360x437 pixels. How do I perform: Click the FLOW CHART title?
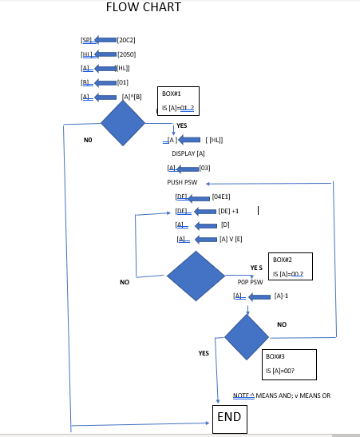pyautogui.click(x=143, y=8)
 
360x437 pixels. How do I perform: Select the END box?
pyautogui.click(x=229, y=417)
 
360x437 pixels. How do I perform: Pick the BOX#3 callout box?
pyautogui.click(x=289, y=364)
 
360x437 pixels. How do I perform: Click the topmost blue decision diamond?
pyautogui.click(x=123, y=124)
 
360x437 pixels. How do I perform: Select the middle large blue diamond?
pyautogui.click(x=196, y=276)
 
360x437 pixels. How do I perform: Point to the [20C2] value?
pyautogui.click(x=126, y=39)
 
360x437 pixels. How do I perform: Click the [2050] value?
pyautogui.click(x=126, y=54)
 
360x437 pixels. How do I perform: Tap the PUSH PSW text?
pyautogui.click(x=182, y=182)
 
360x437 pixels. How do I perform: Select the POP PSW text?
pyautogui.click(x=250, y=282)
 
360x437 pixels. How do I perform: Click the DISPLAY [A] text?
pyautogui.click(x=188, y=153)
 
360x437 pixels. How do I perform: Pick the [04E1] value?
pyautogui.click(x=221, y=197)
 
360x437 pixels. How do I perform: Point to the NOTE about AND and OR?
pyautogui.click(x=281, y=395)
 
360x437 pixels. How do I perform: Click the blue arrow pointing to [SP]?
pyautogui.click(x=105, y=39)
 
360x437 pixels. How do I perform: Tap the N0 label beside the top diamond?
pyautogui.click(x=88, y=140)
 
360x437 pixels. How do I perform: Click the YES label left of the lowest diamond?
pyautogui.click(x=204, y=352)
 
